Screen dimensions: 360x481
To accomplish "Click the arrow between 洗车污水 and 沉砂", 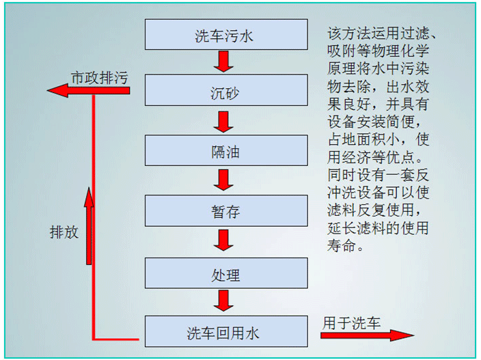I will [x=223, y=62].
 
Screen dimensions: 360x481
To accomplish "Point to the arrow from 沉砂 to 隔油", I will [x=223, y=122].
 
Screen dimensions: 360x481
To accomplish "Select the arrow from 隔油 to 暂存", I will [x=223, y=180].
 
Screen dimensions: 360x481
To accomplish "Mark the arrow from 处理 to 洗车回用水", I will [x=223, y=300].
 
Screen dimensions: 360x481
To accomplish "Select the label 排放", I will [x=64, y=232].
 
